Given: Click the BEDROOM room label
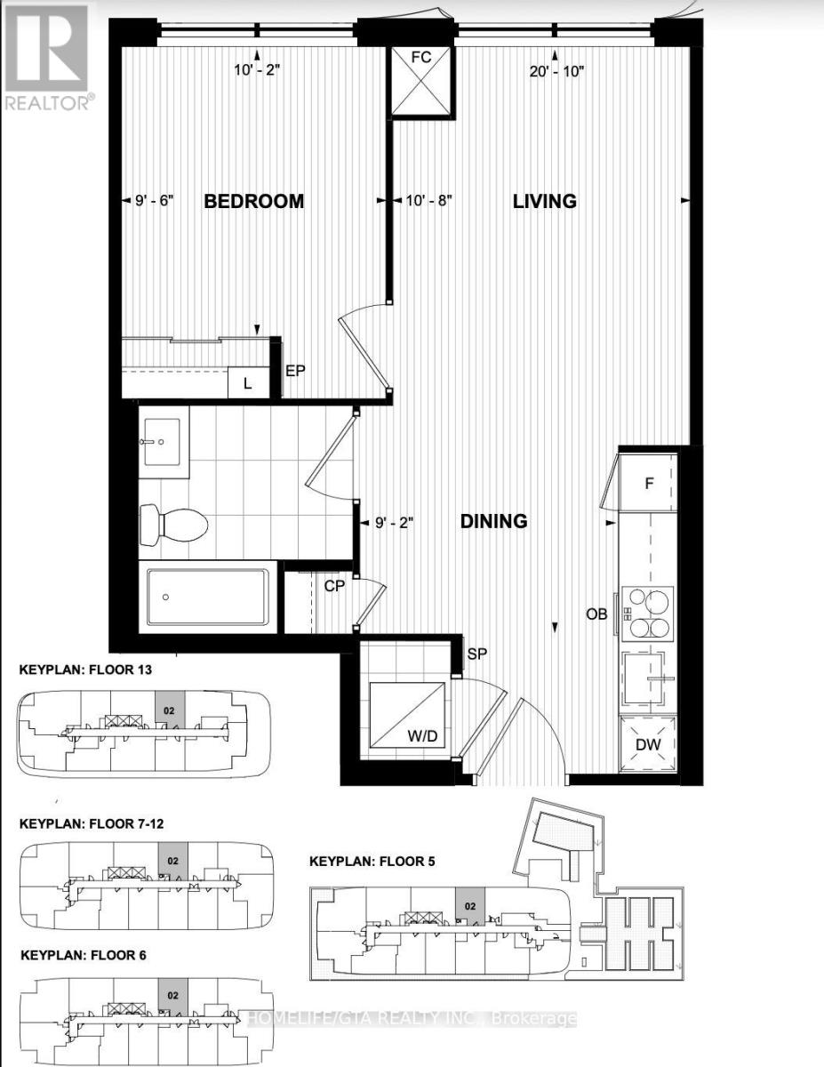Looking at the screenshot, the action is pyautogui.click(x=253, y=201).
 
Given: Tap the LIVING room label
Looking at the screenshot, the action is pyautogui.click(x=545, y=201).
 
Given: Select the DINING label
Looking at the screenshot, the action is pyautogui.click(x=493, y=521).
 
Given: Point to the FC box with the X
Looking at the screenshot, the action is pyautogui.click(x=421, y=82).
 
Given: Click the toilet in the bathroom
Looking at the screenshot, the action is pyautogui.click(x=173, y=525).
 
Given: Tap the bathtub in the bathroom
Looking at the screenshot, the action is pyautogui.click(x=208, y=597).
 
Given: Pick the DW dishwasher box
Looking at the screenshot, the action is pyautogui.click(x=648, y=744).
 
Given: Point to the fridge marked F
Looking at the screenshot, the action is pyautogui.click(x=648, y=483).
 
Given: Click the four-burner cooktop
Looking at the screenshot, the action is pyautogui.click(x=648, y=614).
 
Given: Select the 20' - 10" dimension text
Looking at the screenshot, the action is pyautogui.click(x=556, y=72).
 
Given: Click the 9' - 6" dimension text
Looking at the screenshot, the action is pyautogui.click(x=155, y=200).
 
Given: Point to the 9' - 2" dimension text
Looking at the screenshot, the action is pyautogui.click(x=395, y=523).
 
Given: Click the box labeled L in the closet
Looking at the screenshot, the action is pyautogui.click(x=248, y=382).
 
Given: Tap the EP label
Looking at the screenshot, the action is pyautogui.click(x=295, y=371).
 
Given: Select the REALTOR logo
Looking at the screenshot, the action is pyautogui.click(x=48, y=56).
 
